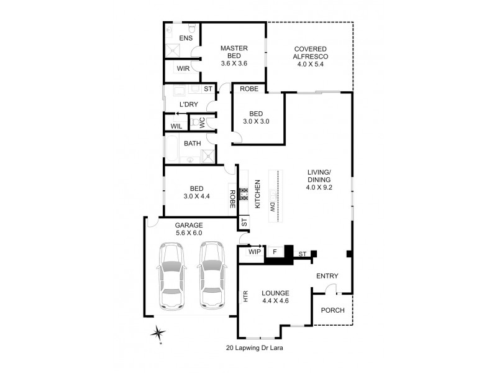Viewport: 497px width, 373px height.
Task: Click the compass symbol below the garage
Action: (160, 334)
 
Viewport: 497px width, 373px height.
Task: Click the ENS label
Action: (186, 39)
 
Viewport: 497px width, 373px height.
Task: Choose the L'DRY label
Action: (188, 104)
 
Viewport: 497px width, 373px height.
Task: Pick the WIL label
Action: (176, 126)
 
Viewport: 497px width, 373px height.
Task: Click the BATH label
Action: (191, 144)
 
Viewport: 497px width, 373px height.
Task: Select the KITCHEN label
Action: (257, 193)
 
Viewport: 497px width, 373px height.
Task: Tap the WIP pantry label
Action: (255, 252)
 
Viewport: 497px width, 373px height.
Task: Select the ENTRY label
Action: (327, 277)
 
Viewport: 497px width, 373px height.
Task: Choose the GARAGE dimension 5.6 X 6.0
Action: (188, 233)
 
